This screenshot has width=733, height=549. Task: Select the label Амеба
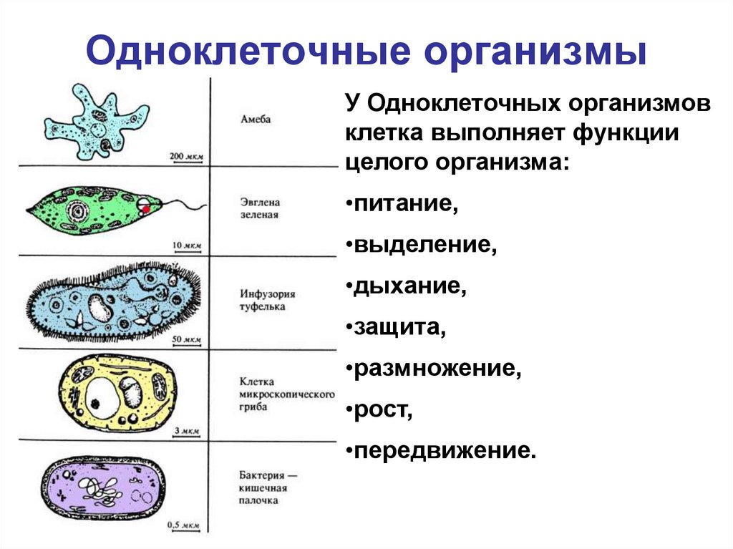[256, 120]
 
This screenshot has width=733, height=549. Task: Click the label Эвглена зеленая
[260, 208]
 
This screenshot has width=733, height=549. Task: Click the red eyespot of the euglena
[145, 209]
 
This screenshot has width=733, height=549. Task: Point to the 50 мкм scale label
[187, 338]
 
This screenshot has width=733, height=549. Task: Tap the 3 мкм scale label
[189, 432]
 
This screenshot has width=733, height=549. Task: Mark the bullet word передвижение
[444, 452]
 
